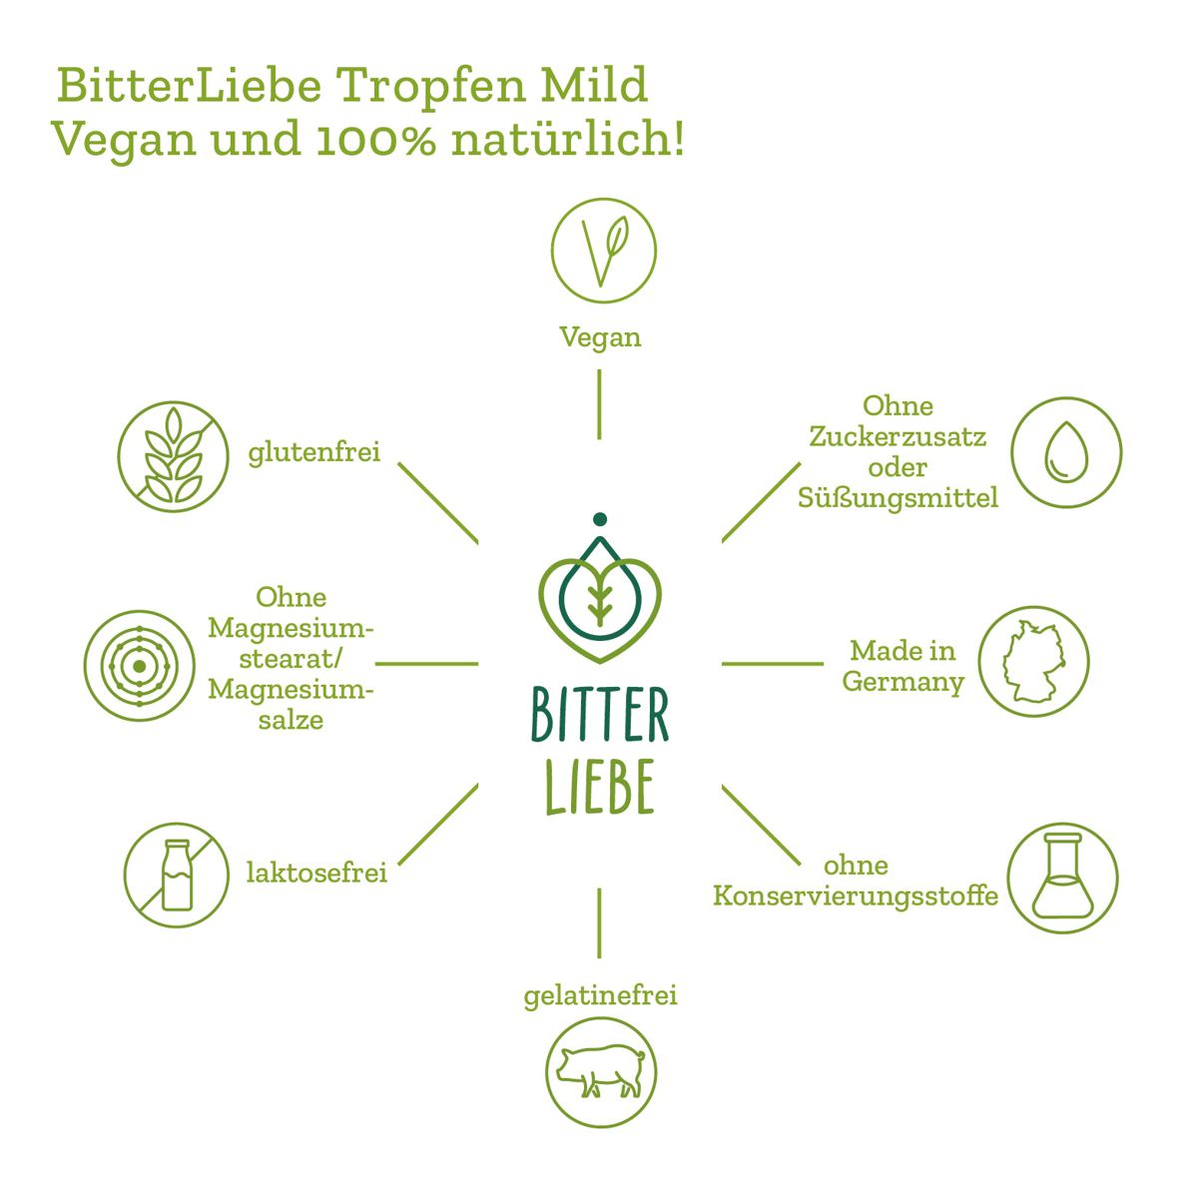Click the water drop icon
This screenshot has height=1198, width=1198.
(x=1066, y=451)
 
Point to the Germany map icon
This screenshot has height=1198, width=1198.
(x=1033, y=663)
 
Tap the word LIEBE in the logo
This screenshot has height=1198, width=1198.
(x=600, y=789)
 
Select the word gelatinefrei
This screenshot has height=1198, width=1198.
(x=600, y=995)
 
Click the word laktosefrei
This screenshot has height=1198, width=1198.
(x=316, y=874)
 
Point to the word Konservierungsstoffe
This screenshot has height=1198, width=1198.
(x=855, y=896)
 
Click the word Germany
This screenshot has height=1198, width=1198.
(x=902, y=682)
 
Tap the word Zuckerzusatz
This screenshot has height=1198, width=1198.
(x=898, y=436)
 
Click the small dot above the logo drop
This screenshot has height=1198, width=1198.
(x=599, y=519)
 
